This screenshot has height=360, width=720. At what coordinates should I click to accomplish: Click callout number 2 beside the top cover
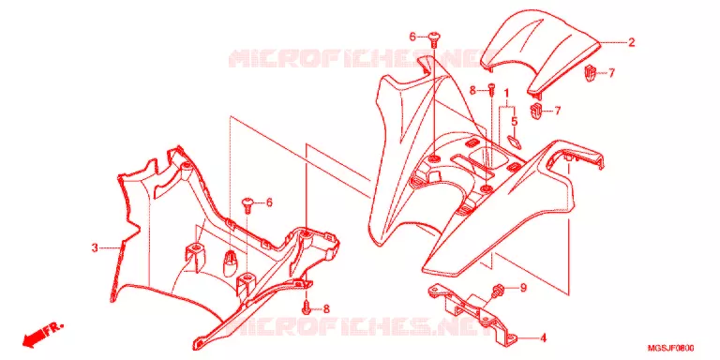coord(631,43)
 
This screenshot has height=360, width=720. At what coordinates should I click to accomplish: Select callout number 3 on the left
coord(95,247)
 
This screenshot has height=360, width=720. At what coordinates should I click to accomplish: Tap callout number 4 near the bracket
coord(543,338)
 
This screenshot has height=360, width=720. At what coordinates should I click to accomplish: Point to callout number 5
coord(515,122)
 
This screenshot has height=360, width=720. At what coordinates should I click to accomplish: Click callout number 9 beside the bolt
coord(523,288)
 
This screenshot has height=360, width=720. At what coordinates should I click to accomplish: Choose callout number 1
coord(506,94)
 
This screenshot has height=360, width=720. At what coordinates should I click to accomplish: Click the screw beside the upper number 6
coord(433,39)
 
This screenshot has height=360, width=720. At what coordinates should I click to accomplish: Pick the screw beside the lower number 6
coord(247,204)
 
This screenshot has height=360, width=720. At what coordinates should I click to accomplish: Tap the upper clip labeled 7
coord(590,73)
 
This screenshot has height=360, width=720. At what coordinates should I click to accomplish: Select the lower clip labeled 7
coord(536,112)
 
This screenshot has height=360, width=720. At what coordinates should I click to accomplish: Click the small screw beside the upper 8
coord(492,89)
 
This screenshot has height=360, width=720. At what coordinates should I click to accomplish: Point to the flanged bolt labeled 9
coord(497,291)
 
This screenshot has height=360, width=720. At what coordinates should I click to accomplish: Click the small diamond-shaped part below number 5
coord(514,140)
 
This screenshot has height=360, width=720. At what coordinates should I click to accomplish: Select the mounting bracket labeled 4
coord(472,313)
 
